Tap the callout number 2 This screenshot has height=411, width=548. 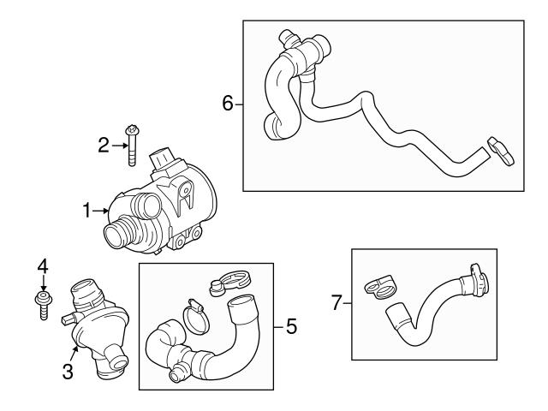[x=104, y=146]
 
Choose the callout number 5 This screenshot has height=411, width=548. [x=292, y=327]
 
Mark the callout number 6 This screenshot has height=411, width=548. [x=228, y=104]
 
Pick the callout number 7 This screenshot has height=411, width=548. [x=337, y=301]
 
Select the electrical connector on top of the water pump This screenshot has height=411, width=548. [x=164, y=160]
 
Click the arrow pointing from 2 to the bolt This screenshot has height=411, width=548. [x=118, y=146]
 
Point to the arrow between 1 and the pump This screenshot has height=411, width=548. [x=104, y=209]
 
